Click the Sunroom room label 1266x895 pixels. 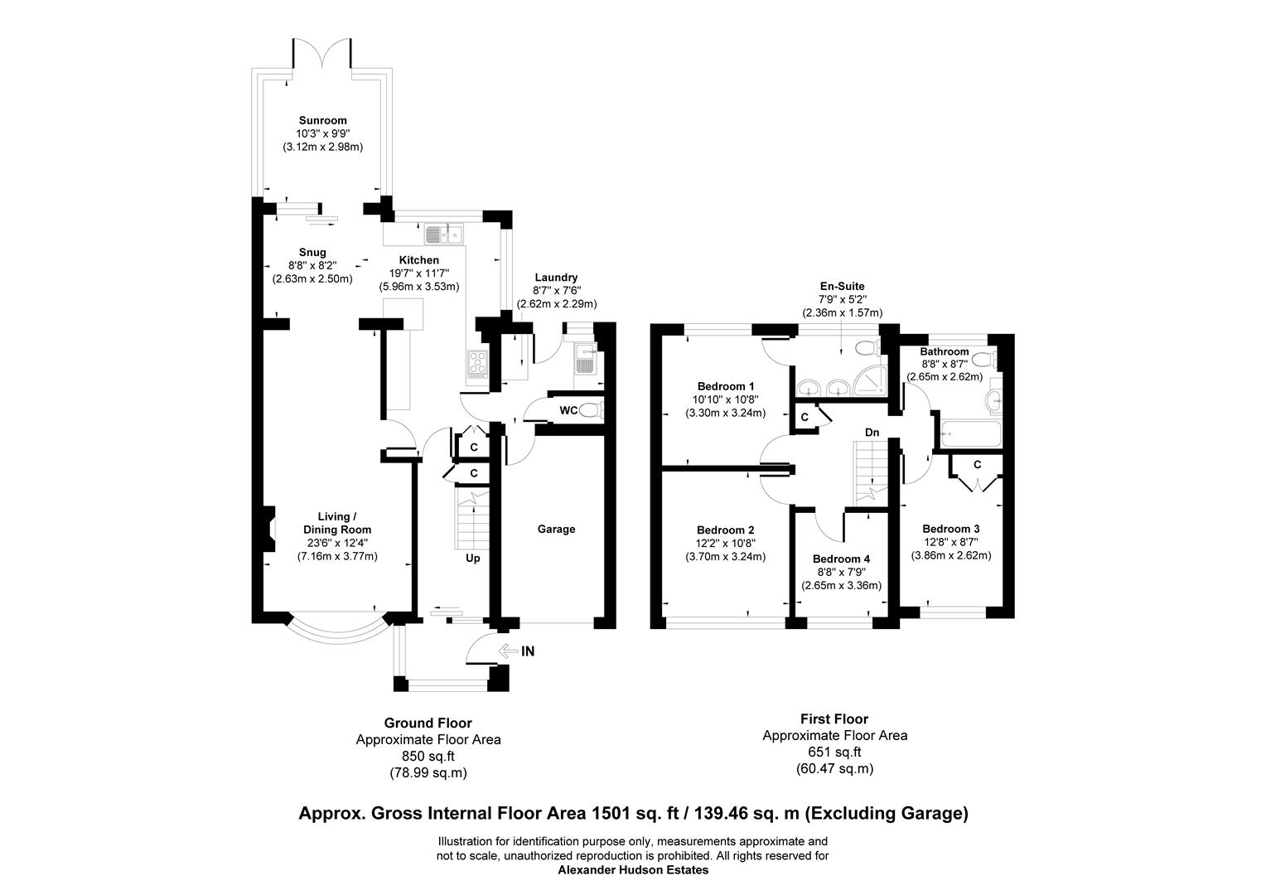click(322, 120)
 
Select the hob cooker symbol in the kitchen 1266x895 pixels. click(478, 363)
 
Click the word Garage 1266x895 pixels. click(556, 529)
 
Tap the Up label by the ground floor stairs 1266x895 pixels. click(472, 558)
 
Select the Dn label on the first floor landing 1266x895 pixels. click(872, 432)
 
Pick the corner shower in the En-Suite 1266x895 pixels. click(868, 384)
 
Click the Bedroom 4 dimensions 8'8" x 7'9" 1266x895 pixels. click(841, 572)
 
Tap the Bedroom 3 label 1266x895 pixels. click(950, 529)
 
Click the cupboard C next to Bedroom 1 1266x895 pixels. click(804, 418)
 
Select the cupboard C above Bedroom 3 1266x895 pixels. click(977, 465)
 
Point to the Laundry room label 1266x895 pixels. click(556, 278)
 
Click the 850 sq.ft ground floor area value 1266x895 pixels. click(428, 756)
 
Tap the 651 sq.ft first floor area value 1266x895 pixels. click(834, 752)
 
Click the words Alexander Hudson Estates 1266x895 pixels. click(633, 870)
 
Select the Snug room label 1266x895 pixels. click(312, 252)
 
